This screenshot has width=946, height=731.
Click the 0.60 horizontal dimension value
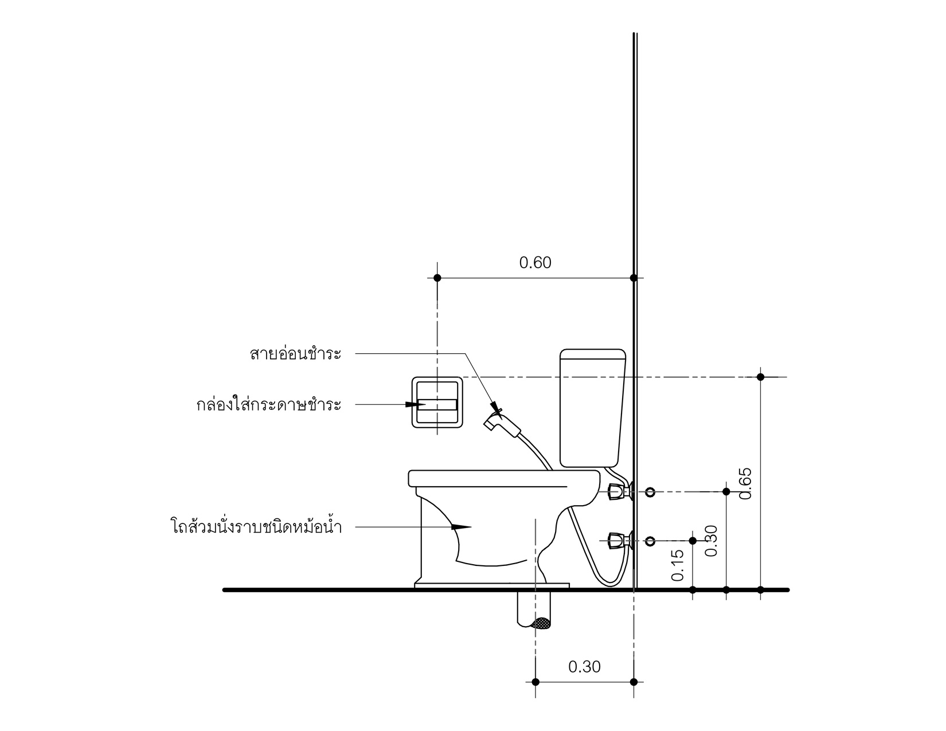tap(535, 263)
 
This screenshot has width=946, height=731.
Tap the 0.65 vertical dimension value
tap(745, 484)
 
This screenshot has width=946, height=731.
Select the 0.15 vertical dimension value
tap(678, 565)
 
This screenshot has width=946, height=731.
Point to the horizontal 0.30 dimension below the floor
tap(584, 667)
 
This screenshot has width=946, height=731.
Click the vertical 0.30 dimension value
tap(711, 541)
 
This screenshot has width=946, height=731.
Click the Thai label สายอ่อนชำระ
tap(296, 354)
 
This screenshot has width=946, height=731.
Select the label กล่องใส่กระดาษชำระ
tap(268, 404)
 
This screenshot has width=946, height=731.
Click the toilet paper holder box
tap(437, 378)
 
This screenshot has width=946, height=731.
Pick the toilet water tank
tap(592, 408)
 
